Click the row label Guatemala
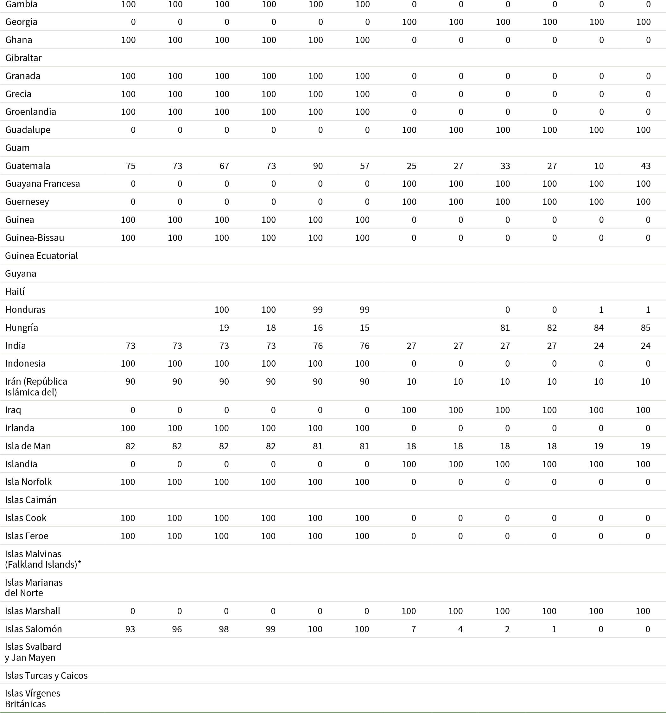pos(28,166)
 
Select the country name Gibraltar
pos(23,58)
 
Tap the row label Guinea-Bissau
pos(35,237)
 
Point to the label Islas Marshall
pos(32,611)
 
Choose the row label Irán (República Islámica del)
pos(36,387)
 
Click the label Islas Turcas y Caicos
pos(46,675)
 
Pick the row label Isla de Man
pos(28,446)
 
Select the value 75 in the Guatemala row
pos(130,166)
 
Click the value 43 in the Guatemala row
pos(645,166)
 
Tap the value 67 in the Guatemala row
pos(224,166)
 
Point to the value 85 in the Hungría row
pos(645,327)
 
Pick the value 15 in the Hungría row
pos(364,327)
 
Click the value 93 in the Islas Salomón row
pos(130,629)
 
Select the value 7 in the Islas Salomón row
pos(413,629)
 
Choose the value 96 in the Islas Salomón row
pos(177,629)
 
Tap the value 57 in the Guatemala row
pos(364,166)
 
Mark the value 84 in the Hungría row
pos(599,327)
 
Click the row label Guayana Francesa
pos(42,184)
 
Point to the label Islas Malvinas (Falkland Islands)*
pos(43,559)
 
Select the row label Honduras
pos(25,310)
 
